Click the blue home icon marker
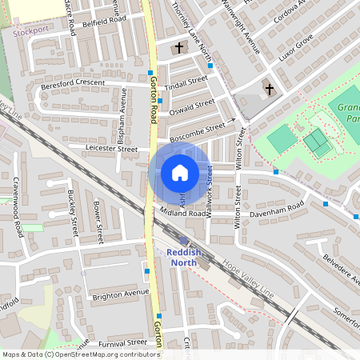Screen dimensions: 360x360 [179, 173]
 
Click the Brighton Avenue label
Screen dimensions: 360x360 [120, 293]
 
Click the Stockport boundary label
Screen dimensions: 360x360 [30, 34]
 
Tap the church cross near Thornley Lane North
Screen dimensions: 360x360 [178, 48]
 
